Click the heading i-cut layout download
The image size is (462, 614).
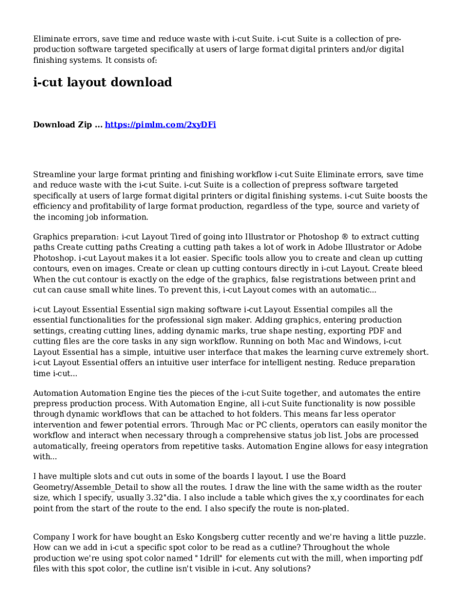click(x=102, y=83)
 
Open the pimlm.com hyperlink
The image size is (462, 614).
click(x=160, y=125)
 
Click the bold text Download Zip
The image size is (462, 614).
click(x=62, y=125)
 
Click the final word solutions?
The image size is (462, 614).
click(x=290, y=569)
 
